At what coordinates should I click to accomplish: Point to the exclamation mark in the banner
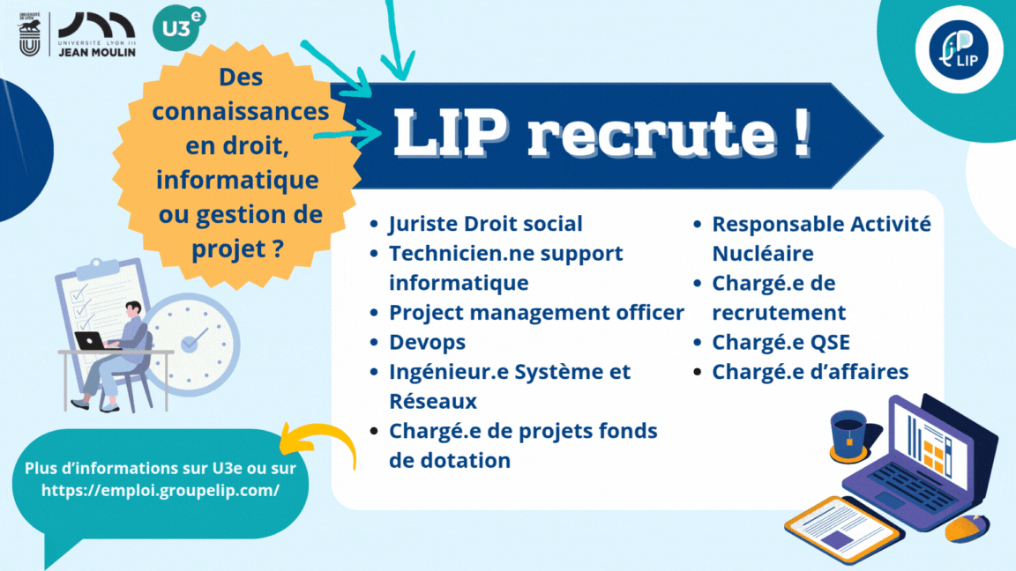pos(801,134)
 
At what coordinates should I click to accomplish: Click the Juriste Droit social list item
pos(485,225)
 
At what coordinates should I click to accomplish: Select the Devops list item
pos(427,342)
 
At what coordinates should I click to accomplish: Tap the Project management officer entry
pos(536,313)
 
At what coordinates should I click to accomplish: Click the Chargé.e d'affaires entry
pos(810,372)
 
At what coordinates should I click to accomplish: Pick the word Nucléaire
pos(762,254)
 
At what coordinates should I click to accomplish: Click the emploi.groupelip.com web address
pos(161,490)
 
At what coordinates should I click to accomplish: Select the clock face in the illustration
pos(191,338)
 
